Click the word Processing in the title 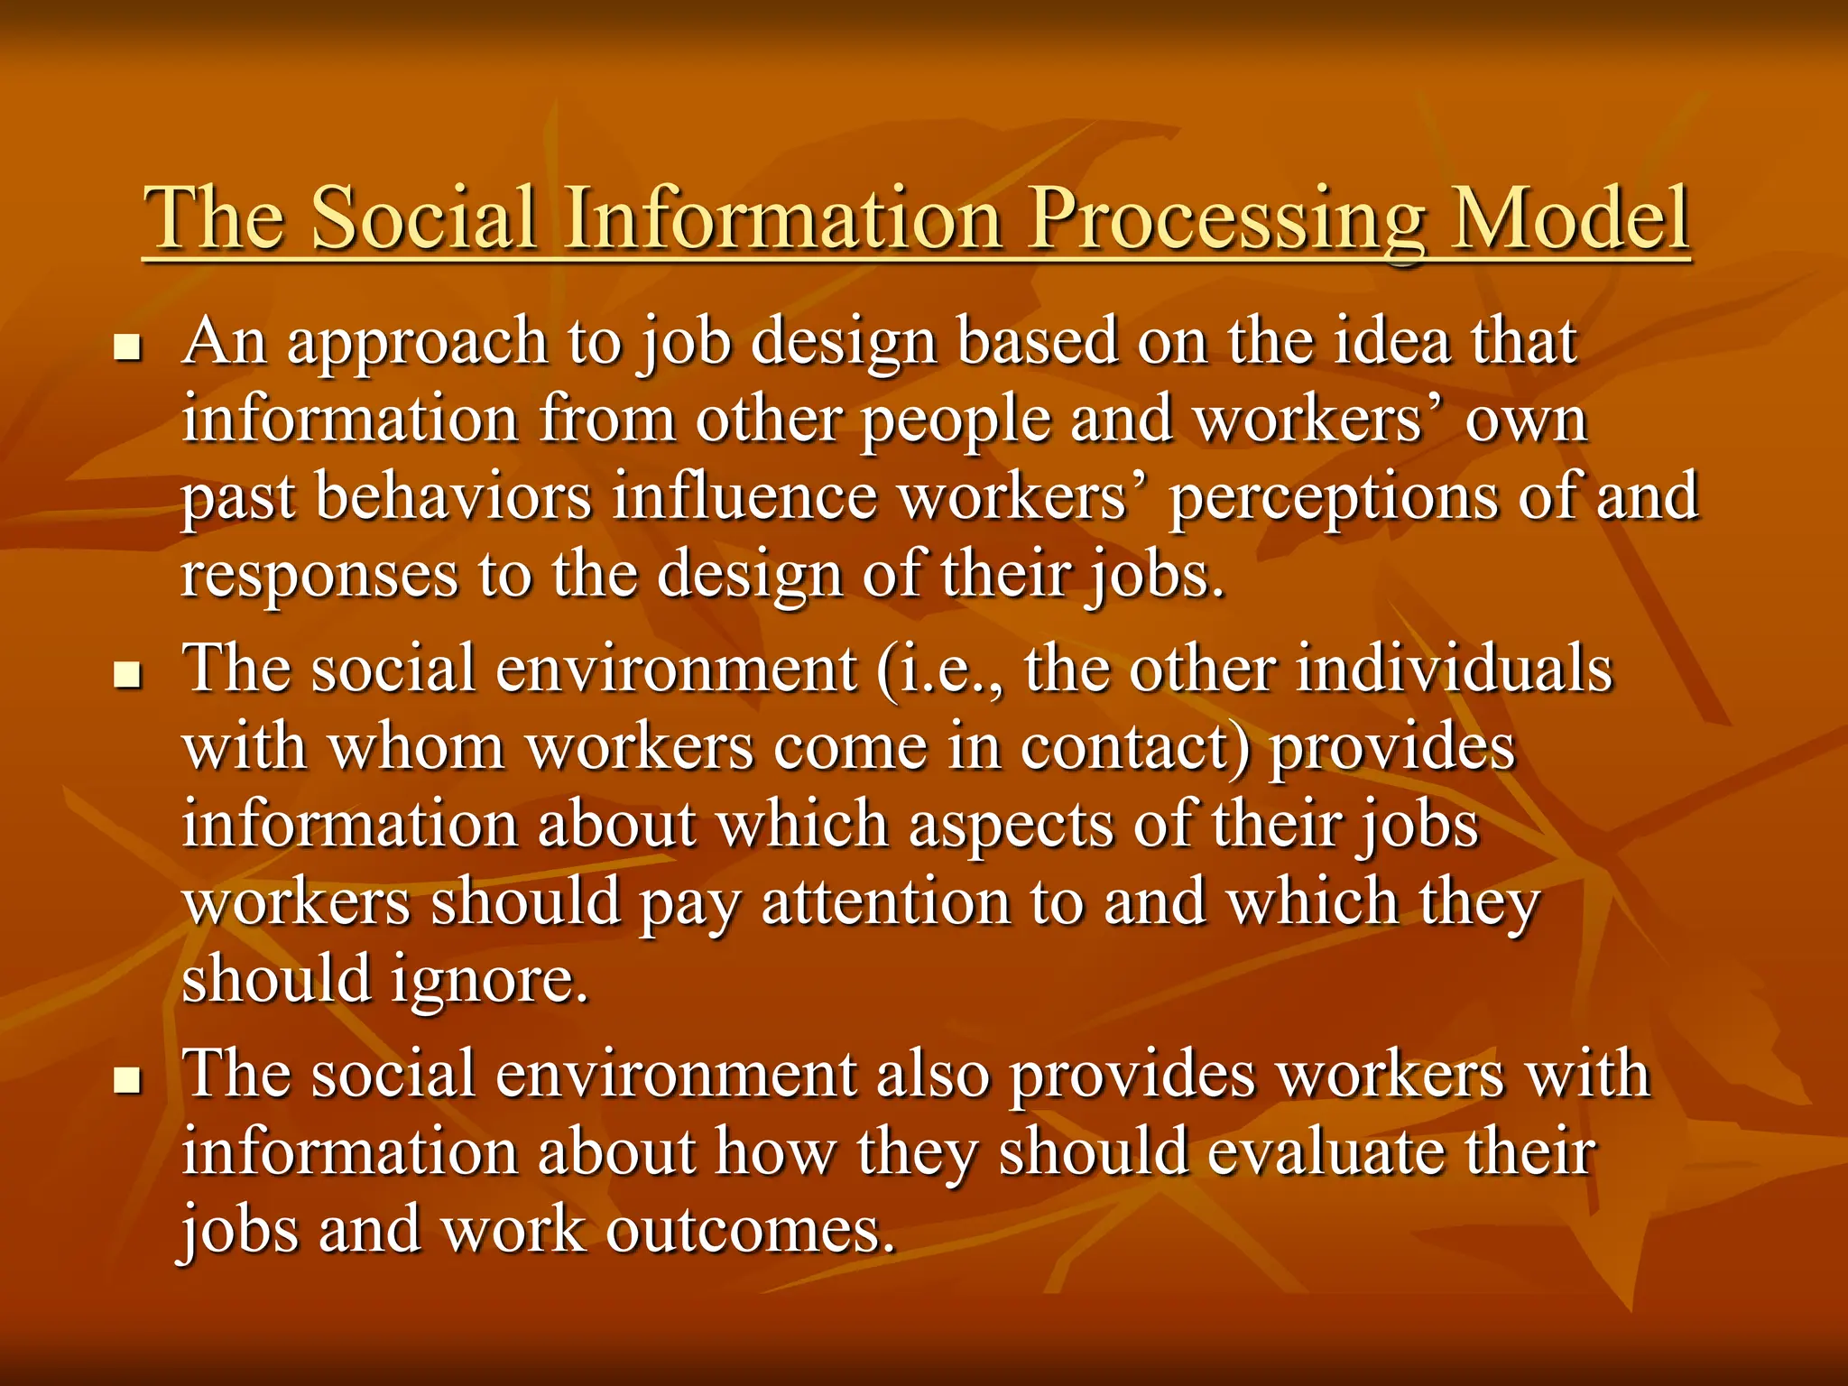(x=1228, y=221)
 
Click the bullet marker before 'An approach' (x=128, y=347)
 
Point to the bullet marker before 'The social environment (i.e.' (x=128, y=674)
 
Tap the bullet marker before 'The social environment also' (x=128, y=1078)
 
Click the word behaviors (x=453, y=498)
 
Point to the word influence (x=744, y=498)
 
